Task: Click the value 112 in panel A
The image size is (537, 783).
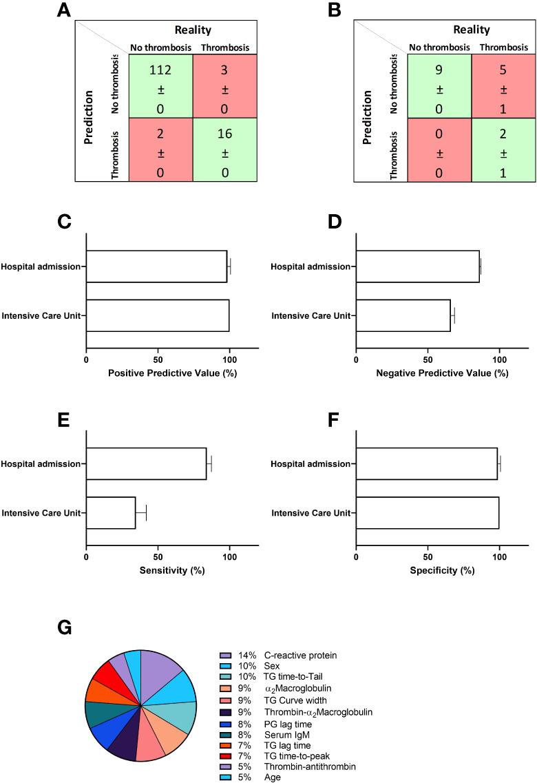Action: point(160,70)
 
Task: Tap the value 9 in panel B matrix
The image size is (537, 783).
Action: point(439,70)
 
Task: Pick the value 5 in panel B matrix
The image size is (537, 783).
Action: point(504,70)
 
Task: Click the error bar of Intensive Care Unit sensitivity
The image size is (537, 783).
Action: point(142,513)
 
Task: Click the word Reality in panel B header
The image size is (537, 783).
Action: point(472,30)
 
